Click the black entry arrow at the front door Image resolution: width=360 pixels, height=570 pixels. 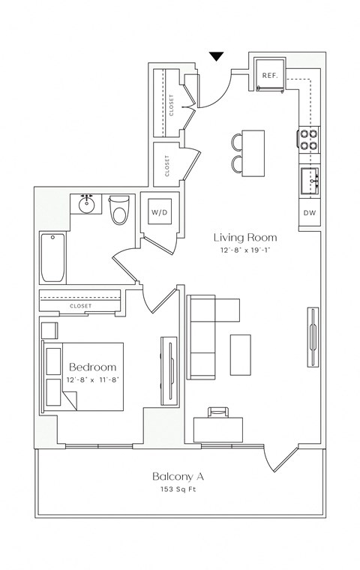pyautogui.click(x=216, y=56)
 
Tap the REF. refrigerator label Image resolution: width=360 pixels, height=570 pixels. pyautogui.click(x=269, y=75)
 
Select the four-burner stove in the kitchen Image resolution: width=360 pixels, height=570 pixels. pyautogui.click(x=309, y=139)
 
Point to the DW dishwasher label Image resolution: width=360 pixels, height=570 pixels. pyautogui.click(x=309, y=214)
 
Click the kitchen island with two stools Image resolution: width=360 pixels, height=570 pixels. pyautogui.click(x=253, y=152)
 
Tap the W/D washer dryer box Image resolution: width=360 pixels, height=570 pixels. pyautogui.click(x=159, y=212)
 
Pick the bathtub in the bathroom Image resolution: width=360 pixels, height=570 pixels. pyautogui.click(x=52, y=257)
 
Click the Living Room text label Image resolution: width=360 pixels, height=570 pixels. pyautogui.click(x=238, y=237)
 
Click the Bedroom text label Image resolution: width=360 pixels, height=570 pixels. pyautogui.click(x=93, y=367)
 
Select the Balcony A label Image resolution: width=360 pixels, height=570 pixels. pyautogui.click(x=178, y=476)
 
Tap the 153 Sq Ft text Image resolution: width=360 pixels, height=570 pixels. pyautogui.click(x=178, y=490)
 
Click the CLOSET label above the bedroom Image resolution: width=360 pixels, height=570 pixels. pyautogui.click(x=80, y=306)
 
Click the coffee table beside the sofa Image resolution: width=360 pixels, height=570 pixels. pyautogui.click(x=241, y=354)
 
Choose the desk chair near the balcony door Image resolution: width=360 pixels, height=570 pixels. pyautogui.click(x=217, y=411)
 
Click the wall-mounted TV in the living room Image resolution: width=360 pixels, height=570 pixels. pyautogui.click(x=310, y=337)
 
